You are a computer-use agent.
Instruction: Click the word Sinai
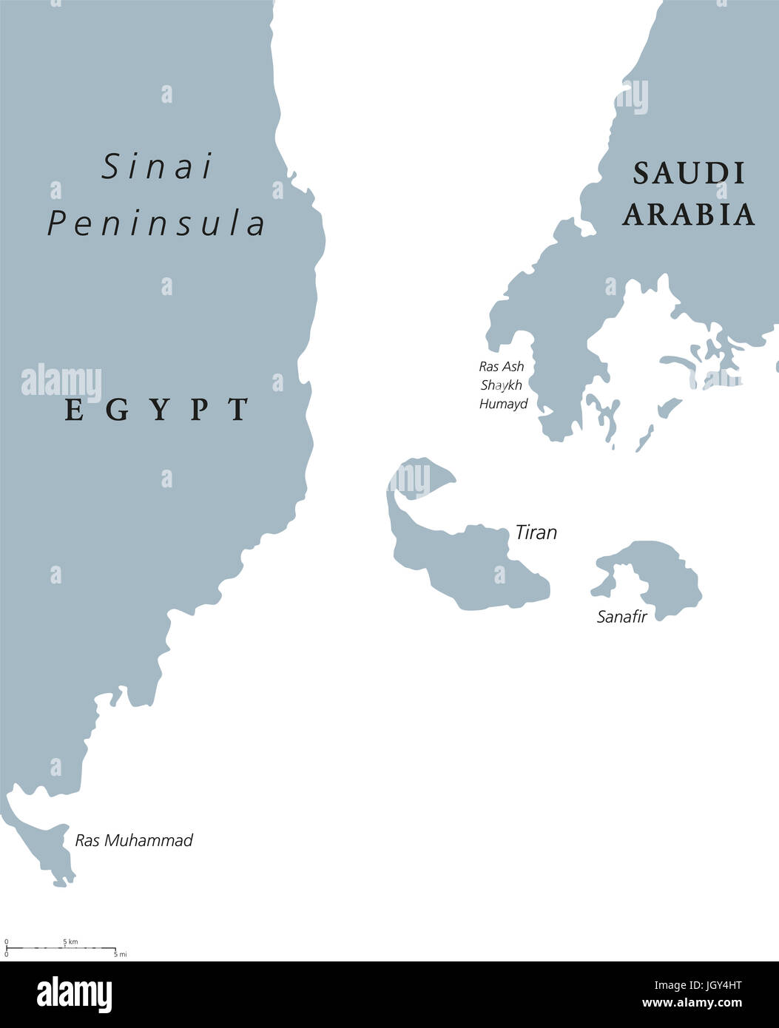[x=157, y=167]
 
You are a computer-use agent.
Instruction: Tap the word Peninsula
[x=157, y=223]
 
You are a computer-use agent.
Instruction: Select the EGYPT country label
[x=157, y=409]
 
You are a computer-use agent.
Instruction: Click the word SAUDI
[x=689, y=174]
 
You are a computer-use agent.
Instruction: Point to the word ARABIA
[x=689, y=214]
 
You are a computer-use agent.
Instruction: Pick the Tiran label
[x=536, y=532]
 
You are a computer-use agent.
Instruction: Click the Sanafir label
[x=621, y=617]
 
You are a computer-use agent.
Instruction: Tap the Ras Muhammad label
[x=134, y=840]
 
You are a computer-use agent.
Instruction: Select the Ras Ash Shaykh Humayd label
[x=503, y=385]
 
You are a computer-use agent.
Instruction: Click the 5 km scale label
[x=70, y=941]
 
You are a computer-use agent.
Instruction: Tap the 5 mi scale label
[x=121, y=955]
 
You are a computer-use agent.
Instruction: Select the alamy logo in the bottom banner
[x=74, y=995]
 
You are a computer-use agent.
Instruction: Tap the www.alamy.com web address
[x=692, y=1004]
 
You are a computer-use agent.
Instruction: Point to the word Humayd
[x=503, y=404]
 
